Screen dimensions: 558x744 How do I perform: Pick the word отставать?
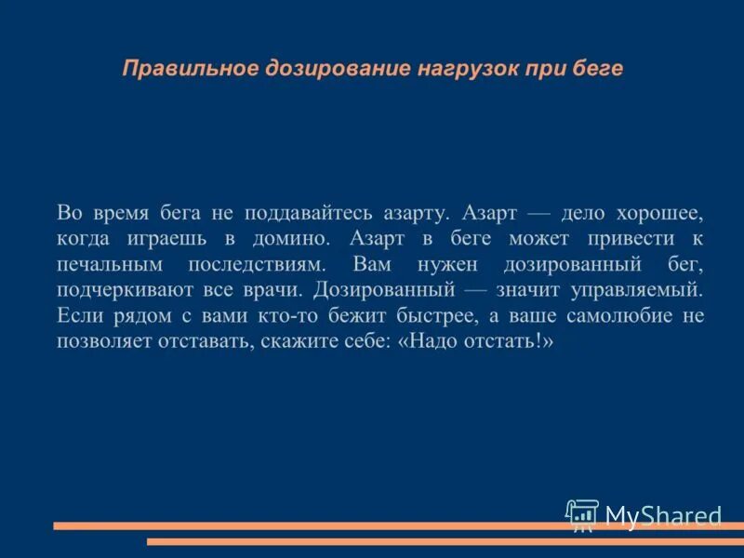(x=199, y=342)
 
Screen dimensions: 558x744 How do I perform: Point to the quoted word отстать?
(x=511, y=342)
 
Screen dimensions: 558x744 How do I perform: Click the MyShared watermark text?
(x=663, y=515)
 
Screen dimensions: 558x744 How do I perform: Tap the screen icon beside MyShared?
(x=582, y=514)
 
